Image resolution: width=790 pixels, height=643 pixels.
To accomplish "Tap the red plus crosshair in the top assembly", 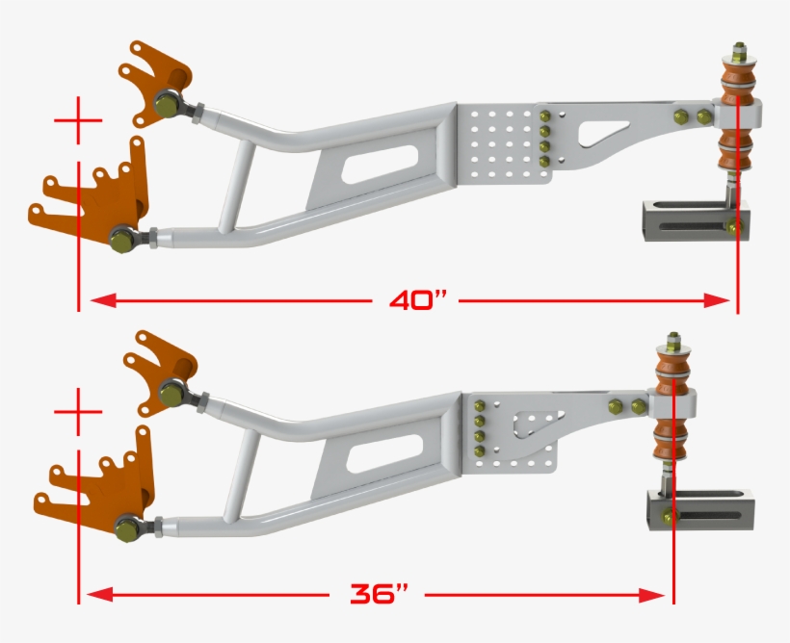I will click(78, 121).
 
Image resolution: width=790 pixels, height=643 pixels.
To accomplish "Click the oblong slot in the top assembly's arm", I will click(380, 162).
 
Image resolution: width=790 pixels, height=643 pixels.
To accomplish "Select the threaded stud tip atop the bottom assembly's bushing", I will click(672, 339).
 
